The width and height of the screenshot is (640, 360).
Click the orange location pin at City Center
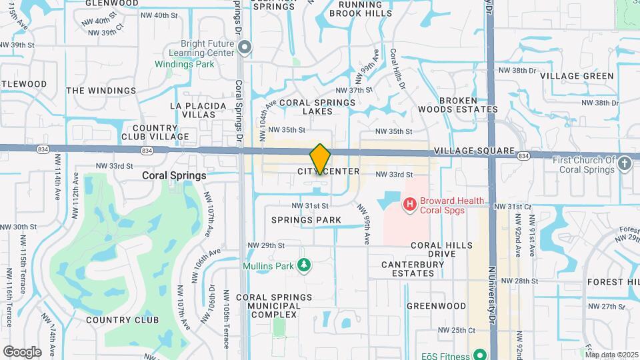point(320,159)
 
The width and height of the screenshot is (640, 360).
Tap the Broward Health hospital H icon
point(410,202)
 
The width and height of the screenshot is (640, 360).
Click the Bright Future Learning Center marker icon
point(245,47)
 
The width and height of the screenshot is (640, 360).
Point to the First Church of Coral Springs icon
point(625,163)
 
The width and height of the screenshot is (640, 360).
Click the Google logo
point(22,352)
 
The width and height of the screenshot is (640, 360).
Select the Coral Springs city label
point(174,175)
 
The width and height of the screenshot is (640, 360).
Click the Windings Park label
point(185,65)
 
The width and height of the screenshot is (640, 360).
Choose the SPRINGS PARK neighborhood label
point(307,220)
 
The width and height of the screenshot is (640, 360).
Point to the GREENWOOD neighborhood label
point(437,306)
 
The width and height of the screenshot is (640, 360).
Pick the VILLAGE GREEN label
point(577,76)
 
